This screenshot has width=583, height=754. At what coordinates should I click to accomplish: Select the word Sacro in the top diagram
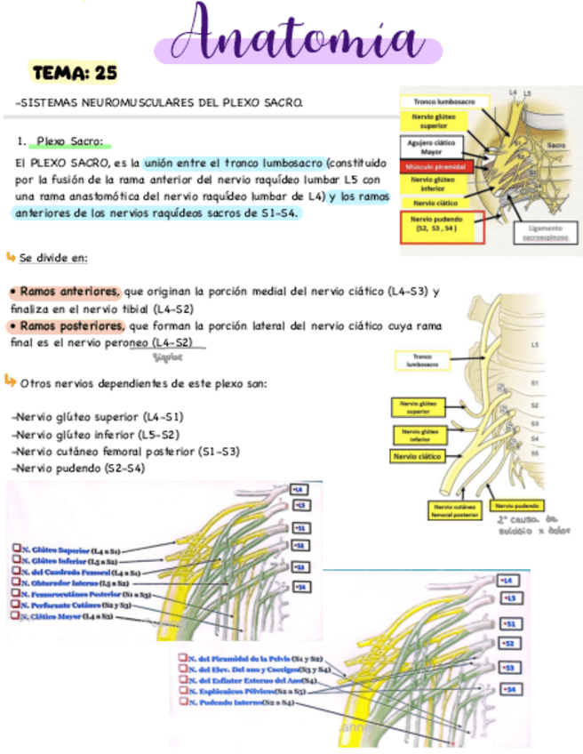(557, 142)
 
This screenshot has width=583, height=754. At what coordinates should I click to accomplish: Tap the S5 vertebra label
(534, 453)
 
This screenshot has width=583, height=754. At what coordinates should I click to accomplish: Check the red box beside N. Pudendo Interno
(181, 702)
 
